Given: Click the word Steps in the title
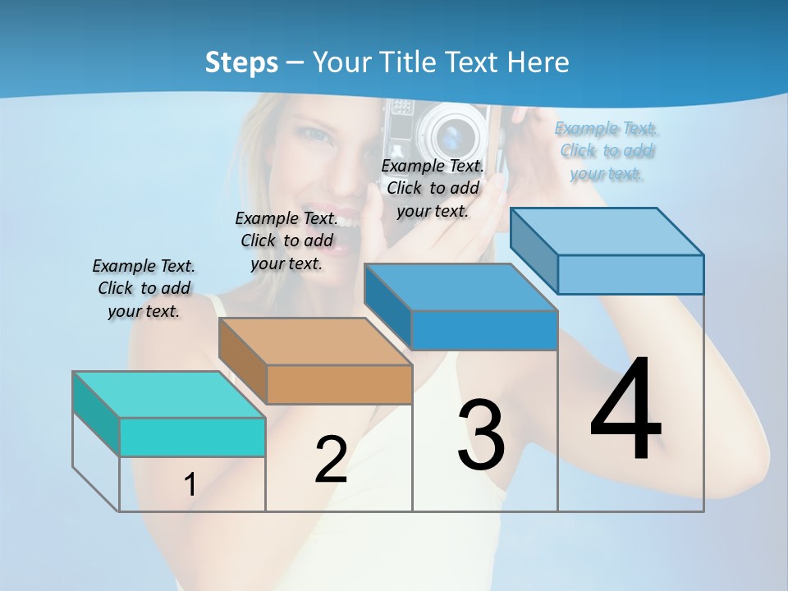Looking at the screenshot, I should [x=241, y=62].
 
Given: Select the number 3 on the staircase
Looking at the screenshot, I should [x=481, y=435].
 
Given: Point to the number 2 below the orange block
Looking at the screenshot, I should [x=331, y=459].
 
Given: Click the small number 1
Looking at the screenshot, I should [x=190, y=485].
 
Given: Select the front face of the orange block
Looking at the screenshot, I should [x=339, y=384].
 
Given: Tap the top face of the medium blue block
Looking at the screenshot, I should [x=460, y=287].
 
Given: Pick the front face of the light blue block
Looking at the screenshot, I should [x=630, y=274].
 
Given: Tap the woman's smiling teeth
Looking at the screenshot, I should [x=346, y=222].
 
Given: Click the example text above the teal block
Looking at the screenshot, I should [x=144, y=288].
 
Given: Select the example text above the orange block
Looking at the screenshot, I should [x=286, y=241].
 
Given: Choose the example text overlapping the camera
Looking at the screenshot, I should [x=433, y=188].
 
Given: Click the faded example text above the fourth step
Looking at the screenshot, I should [x=607, y=150].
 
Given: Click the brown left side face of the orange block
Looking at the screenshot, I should [x=243, y=360].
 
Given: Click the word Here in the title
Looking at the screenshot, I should [x=540, y=62].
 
